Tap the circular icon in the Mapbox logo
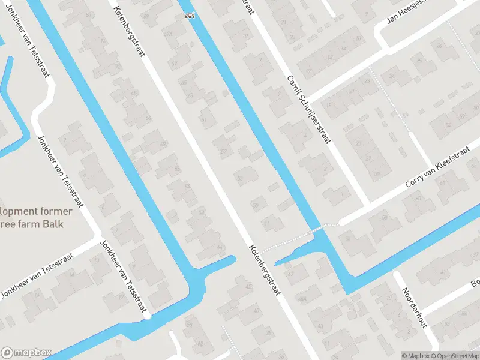pos(8,353)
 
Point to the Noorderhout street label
pos(414,308)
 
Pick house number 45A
pos(302,298)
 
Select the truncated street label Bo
pos(475,281)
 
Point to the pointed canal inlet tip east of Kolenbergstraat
pos(276,264)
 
